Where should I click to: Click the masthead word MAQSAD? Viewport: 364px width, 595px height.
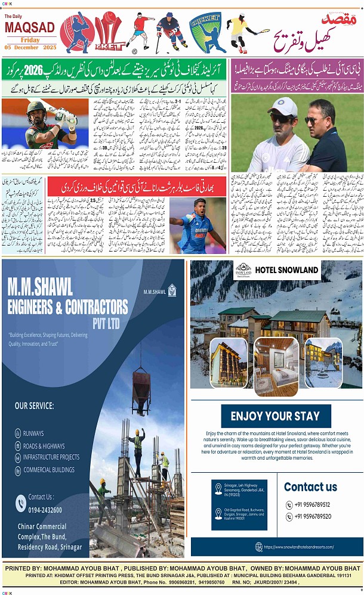click(29, 27)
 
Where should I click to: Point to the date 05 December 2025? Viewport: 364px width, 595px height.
click(30, 47)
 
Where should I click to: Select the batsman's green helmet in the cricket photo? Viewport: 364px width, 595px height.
click(38, 108)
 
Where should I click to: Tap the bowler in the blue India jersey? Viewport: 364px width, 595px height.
click(195, 225)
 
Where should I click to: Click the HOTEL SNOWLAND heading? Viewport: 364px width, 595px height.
click(286, 270)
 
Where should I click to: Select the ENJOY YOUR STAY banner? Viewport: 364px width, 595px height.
click(276, 416)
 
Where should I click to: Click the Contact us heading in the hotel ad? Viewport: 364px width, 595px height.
click(310, 486)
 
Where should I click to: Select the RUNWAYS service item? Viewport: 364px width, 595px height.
click(33, 433)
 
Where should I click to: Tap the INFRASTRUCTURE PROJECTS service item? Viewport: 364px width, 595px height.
click(51, 457)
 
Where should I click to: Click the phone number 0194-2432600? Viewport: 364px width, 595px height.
click(45, 510)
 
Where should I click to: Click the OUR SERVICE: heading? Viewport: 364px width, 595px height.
click(34, 406)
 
